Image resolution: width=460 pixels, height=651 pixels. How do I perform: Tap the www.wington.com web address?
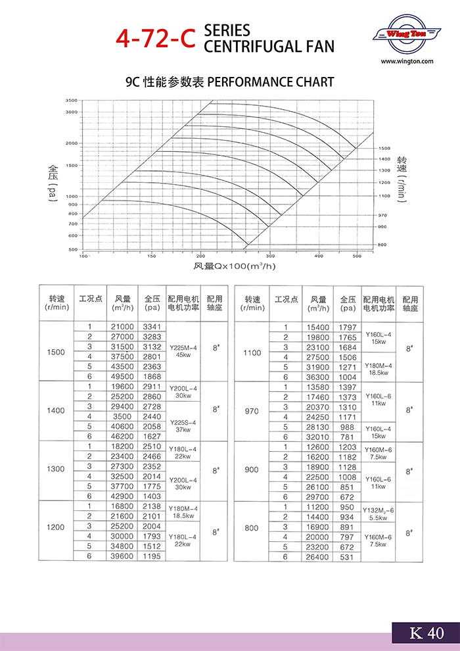pyautogui.click(x=407, y=61)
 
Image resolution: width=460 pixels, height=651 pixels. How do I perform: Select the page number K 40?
pyautogui.click(x=426, y=633)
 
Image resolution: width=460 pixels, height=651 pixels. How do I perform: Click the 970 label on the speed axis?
pyautogui.click(x=382, y=215)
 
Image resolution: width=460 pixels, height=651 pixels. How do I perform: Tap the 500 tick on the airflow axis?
pyautogui.click(x=357, y=256)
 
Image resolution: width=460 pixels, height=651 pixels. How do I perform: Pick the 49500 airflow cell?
pyautogui.click(x=122, y=376)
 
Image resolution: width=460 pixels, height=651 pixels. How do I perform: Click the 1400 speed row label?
pyautogui.click(x=57, y=411)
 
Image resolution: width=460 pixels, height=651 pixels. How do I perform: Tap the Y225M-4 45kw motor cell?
pyautogui.click(x=183, y=351)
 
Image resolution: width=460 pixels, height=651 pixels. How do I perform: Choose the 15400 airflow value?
pyautogui.click(x=319, y=327)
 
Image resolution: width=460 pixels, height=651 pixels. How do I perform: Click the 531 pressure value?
pyautogui.click(x=347, y=557)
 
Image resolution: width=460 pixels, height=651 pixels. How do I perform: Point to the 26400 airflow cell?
pyautogui.click(x=319, y=557)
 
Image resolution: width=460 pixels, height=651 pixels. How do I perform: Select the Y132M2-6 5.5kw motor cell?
pyautogui.click(x=379, y=513)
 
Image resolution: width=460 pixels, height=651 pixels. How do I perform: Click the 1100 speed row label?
pyautogui.click(x=252, y=352)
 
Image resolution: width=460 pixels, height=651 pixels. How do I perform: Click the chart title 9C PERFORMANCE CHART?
pyautogui.click(x=229, y=82)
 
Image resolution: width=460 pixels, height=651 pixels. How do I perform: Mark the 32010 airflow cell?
pyautogui.click(x=319, y=437)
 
